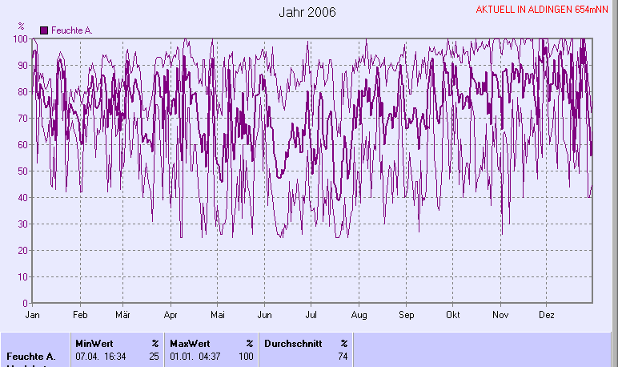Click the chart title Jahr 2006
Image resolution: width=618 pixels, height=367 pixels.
coord(307,13)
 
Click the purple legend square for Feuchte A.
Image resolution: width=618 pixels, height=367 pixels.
coord(44,30)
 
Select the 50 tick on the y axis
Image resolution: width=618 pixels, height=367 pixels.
coord(23,171)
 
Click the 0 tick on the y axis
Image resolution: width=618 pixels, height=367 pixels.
coord(26,304)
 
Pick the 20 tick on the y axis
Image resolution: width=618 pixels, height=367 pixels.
coord(23,251)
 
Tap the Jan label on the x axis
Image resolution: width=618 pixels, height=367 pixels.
coord(33,315)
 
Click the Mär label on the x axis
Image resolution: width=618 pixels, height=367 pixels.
coord(123,315)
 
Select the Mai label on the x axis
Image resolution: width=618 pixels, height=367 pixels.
coord(217,315)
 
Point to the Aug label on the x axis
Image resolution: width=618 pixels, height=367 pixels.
coord(359,315)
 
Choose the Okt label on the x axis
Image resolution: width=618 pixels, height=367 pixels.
coord(453,315)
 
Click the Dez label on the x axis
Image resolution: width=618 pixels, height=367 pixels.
coord(547,315)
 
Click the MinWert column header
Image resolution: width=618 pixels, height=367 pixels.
coord(94,343)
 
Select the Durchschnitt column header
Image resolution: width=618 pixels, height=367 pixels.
coord(291,343)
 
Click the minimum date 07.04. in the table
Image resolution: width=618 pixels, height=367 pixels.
coord(86,356)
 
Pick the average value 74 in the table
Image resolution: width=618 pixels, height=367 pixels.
coord(343,356)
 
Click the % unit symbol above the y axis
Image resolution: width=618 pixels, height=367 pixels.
coord(21,27)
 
